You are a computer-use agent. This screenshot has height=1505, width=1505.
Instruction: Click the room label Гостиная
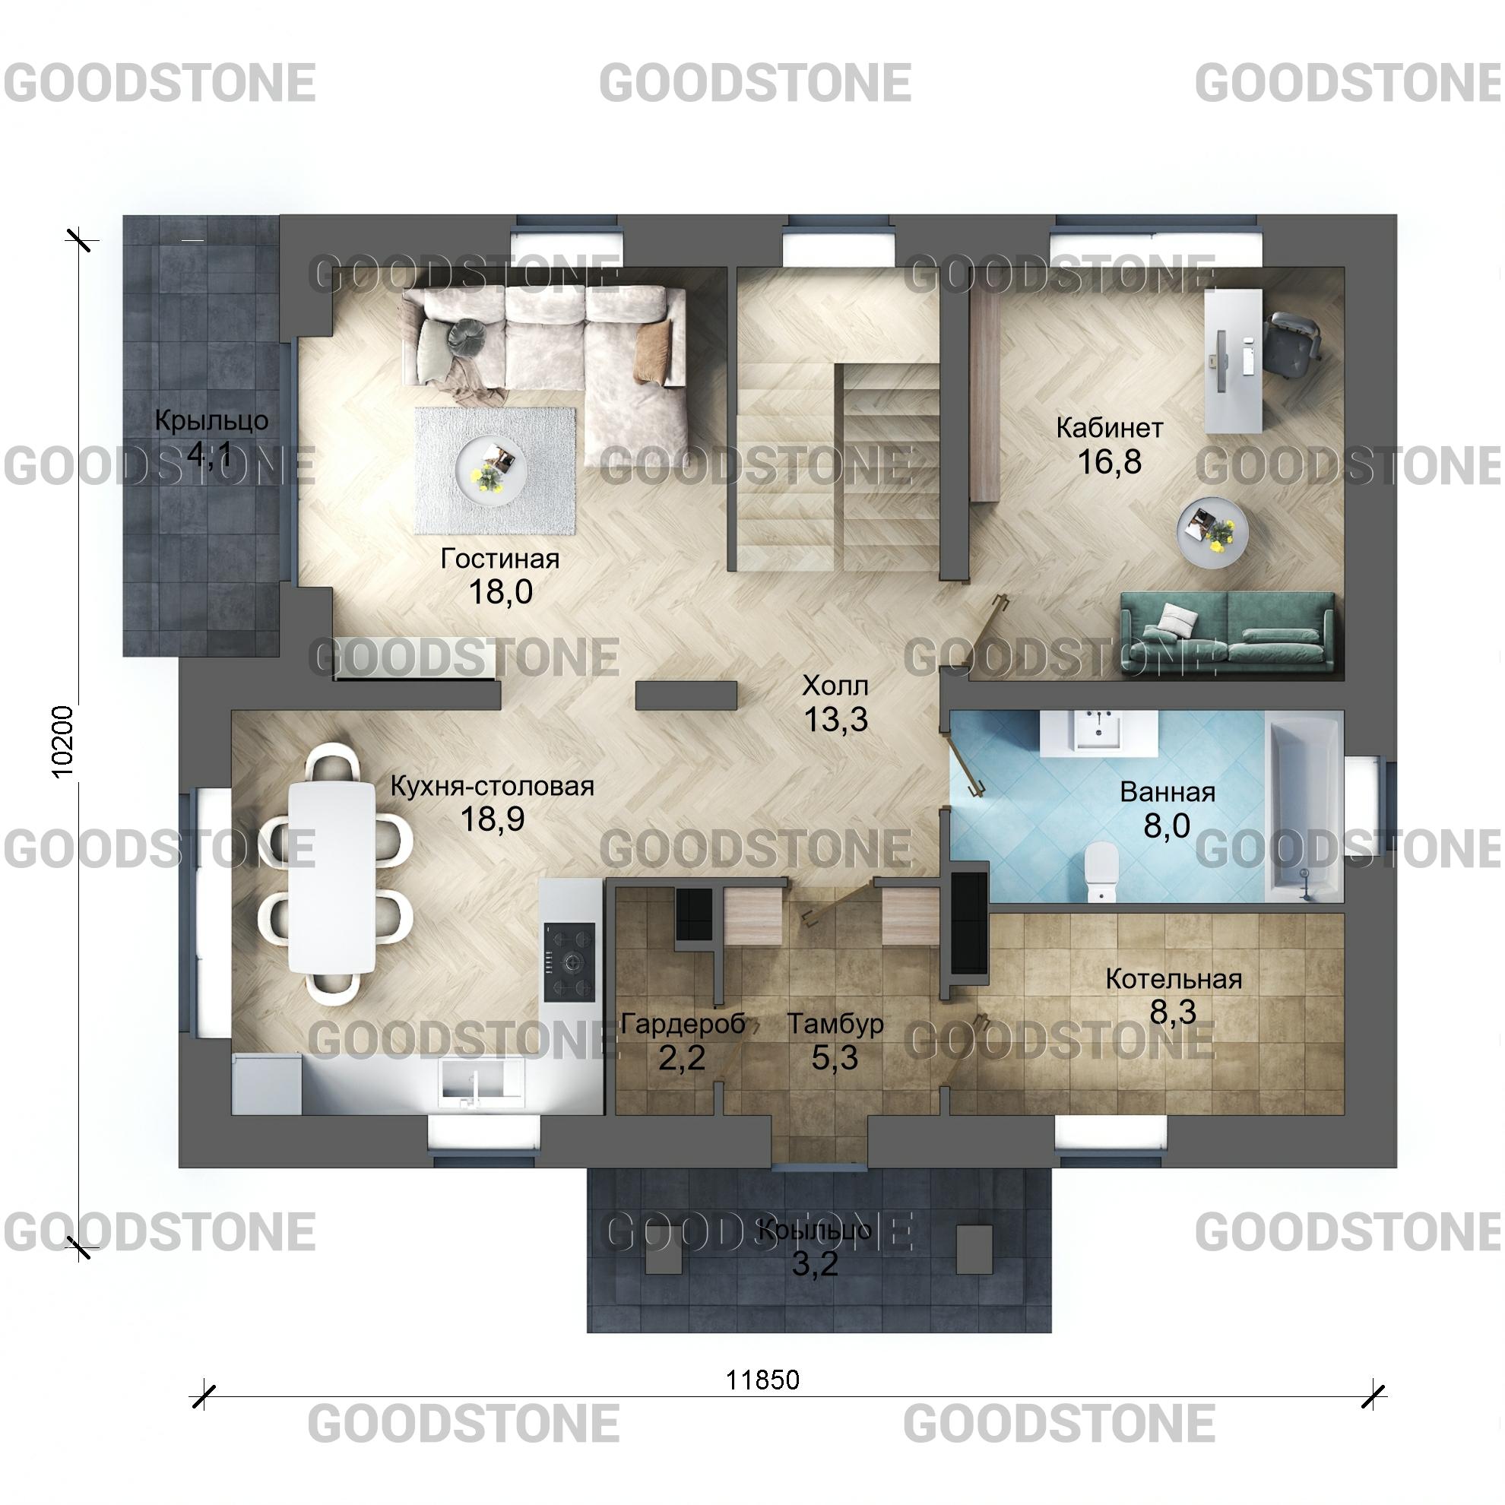point(500,559)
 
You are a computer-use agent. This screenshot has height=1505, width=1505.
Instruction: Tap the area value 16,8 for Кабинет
point(1109,462)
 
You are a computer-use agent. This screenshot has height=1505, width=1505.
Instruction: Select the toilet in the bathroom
point(1101,871)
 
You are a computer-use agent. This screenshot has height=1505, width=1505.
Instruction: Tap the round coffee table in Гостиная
point(492,470)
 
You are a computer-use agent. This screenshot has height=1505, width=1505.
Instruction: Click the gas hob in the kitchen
point(569,962)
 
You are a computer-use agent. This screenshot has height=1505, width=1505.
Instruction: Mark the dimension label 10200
point(62,742)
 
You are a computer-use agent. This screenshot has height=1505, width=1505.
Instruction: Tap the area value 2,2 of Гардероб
point(682,1058)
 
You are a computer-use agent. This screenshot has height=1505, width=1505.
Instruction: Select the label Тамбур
point(835,1024)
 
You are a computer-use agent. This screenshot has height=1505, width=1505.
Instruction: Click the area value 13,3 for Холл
point(836,719)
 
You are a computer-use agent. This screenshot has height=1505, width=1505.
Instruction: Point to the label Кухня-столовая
point(493,786)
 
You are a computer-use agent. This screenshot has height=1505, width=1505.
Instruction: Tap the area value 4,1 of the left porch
point(211,453)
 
